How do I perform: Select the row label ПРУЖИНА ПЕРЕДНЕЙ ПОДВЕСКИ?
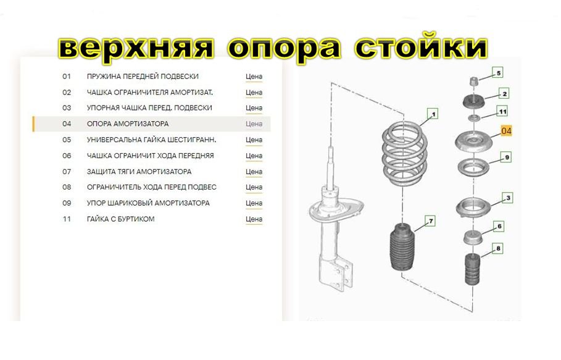coord(143,77)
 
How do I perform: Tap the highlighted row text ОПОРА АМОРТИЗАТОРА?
coord(128,124)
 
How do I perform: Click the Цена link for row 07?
coord(254,172)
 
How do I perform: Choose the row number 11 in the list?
coord(67,219)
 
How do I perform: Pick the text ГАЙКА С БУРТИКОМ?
coord(120,219)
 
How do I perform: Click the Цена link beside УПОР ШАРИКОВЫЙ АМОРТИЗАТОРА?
coord(254,203)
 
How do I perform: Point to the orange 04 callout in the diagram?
coord(506,131)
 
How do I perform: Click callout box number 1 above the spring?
coord(433,114)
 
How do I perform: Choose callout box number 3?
coord(508,198)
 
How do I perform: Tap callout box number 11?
coord(502,112)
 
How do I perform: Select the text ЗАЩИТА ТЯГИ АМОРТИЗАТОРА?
coord(139,172)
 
